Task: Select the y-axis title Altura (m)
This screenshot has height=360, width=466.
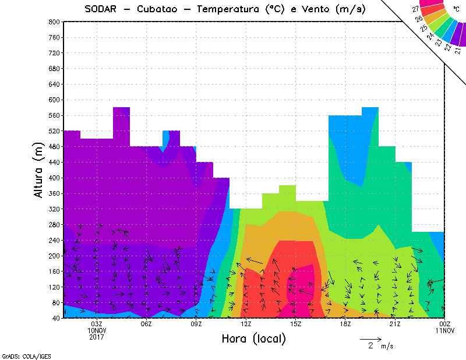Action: coord(39,169)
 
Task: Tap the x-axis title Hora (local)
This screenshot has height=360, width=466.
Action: coord(253,339)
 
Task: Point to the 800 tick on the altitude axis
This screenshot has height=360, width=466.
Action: coord(54,22)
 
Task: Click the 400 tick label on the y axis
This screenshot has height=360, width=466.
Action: coord(54,178)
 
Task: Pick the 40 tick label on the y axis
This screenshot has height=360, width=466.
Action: coord(55,319)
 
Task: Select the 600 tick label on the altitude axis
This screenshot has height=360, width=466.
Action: coord(54,100)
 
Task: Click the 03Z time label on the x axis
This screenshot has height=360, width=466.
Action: coord(97,324)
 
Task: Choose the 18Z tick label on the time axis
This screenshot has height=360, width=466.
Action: coord(345,324)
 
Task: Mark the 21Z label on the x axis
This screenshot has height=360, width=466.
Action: coord(394,324)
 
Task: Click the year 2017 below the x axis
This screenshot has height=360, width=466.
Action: coord(97,337)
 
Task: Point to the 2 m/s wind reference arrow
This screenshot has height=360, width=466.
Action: coord(370,338)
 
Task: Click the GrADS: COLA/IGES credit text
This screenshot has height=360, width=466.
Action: coord(17,355)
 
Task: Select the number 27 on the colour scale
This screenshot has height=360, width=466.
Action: coord(415,9)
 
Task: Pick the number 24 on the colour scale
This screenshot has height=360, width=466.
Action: coord(430,36)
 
